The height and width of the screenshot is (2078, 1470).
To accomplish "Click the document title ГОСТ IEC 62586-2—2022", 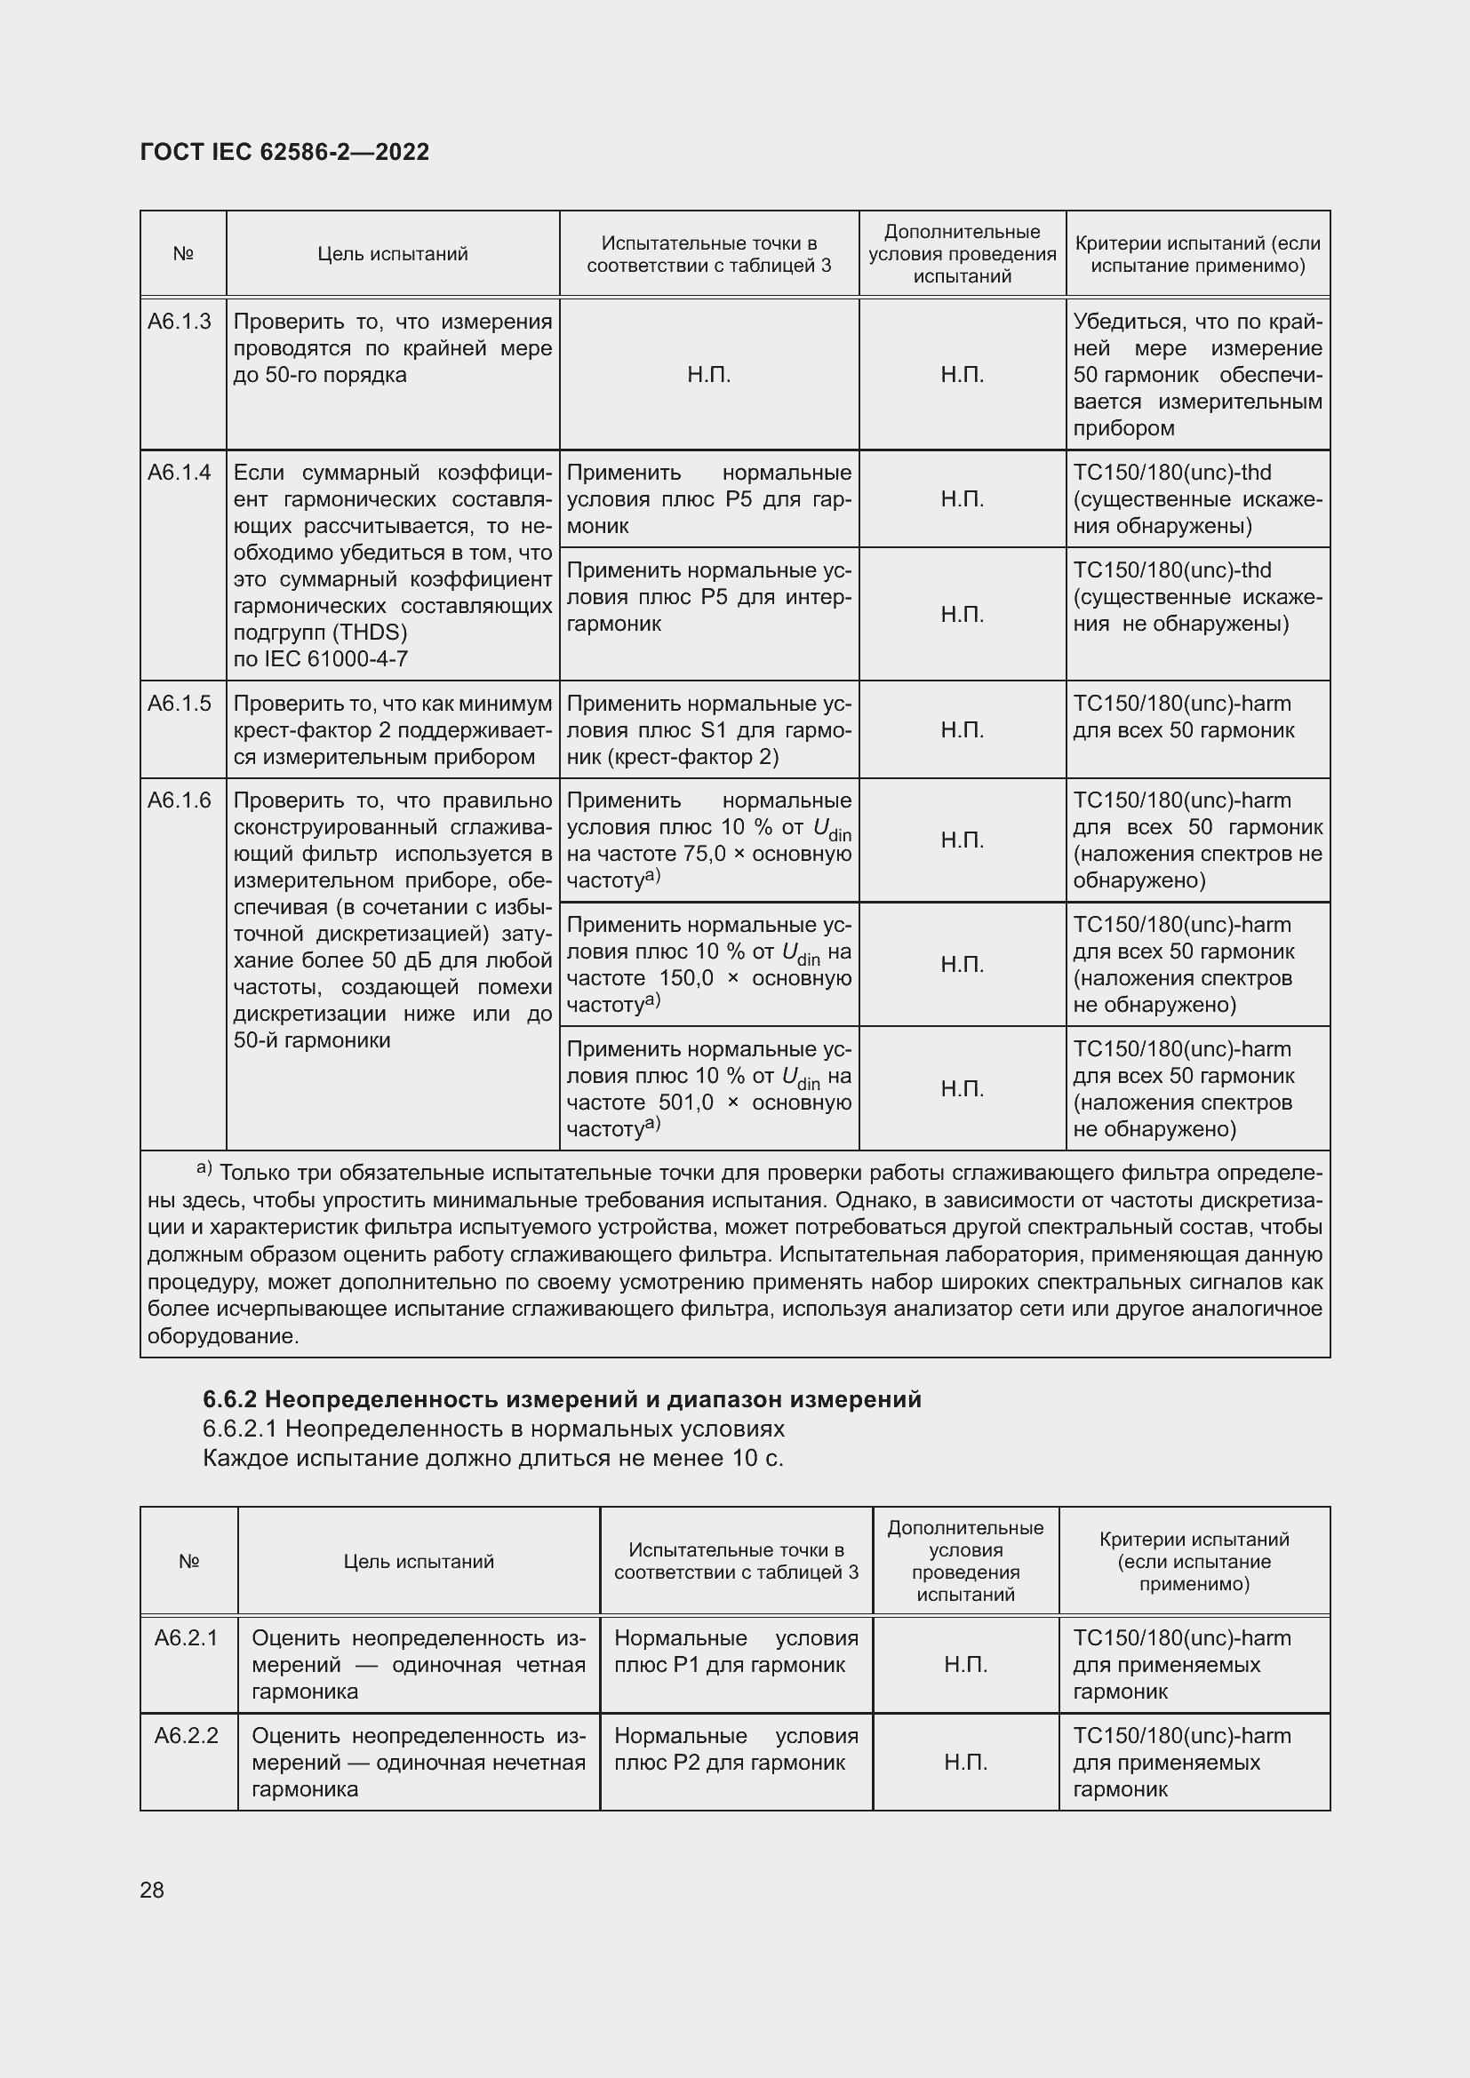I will click(284, 152).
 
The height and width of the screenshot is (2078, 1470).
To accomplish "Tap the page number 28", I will click(152, 1890).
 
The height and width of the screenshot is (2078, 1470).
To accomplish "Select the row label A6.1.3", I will click(180, 322).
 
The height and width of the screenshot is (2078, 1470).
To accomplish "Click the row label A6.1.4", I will click(180, 473).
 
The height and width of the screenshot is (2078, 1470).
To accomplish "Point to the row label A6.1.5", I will click(180, 704).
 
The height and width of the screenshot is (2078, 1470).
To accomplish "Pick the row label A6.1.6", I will click(180, 800).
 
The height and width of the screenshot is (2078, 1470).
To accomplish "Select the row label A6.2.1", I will click(187, 1637).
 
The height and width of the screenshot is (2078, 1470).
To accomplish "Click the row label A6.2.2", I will click(187, 1735).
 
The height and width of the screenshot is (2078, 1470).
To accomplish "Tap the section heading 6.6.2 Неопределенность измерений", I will click(561, 1399).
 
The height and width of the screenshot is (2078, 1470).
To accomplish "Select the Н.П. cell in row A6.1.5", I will click(962, 729).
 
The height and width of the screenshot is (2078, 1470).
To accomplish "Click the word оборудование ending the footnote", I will click(222, 1336).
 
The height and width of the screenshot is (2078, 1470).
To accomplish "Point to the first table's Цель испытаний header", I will click(392, 254).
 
